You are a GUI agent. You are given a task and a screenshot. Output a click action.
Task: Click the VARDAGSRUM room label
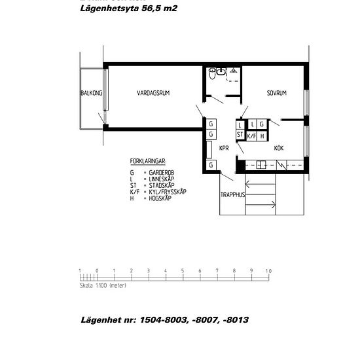tap(153, 94)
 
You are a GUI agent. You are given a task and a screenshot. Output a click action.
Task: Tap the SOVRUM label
tap(276, 94)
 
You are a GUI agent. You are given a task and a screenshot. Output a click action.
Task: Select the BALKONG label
tap(91, 94)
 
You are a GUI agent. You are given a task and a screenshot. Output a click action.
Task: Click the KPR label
tap(223, 148)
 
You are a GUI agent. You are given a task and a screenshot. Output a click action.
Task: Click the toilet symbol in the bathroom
tap(211, 75)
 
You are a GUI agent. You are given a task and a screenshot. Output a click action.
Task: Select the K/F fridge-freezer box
tap(251, 136)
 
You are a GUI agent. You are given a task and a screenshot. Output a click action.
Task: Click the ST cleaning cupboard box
tap(240, 135)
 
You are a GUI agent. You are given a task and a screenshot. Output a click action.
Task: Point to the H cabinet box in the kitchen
tap(262, 136)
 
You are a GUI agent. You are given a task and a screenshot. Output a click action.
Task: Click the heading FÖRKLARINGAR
tap(147, 160)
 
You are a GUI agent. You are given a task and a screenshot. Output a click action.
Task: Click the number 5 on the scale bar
tap(182, 270)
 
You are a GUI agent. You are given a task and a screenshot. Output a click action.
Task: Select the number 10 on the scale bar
tap(268, 270)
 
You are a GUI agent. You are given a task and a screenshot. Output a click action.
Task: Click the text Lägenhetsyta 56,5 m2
tap(128, 9)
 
